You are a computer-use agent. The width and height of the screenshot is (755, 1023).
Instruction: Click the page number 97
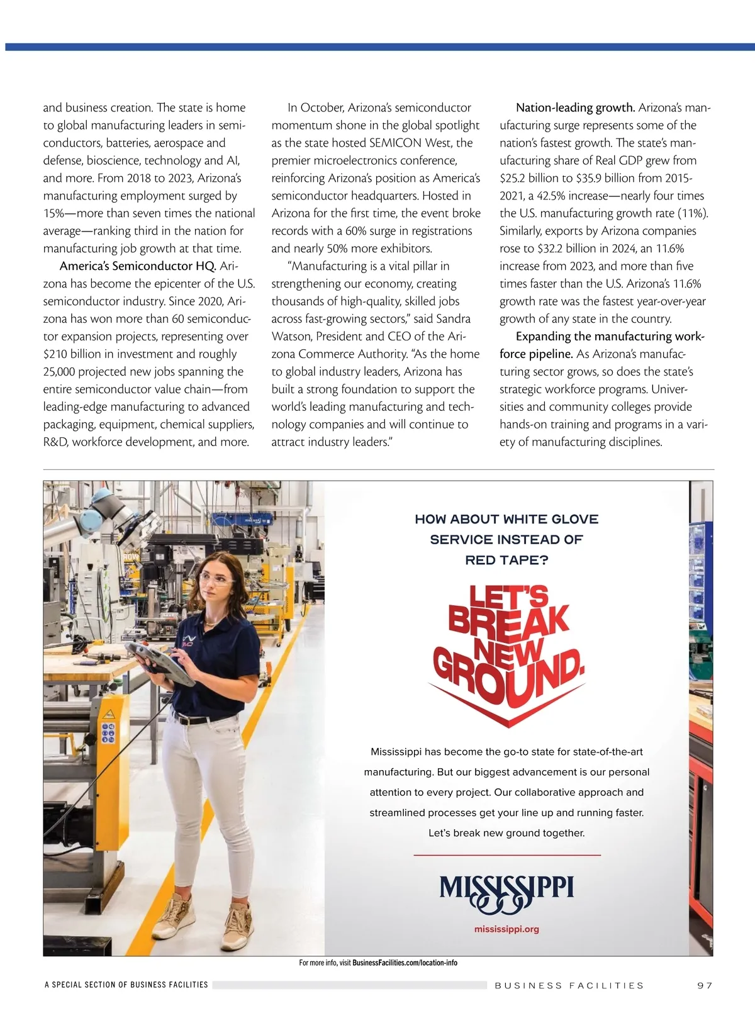click(705, 985)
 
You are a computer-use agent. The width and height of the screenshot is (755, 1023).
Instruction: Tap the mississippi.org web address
click(506, 929)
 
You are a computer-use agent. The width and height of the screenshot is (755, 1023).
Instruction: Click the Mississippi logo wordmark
click(506, 890)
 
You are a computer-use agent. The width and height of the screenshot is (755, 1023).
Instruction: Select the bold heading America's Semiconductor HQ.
click(138, 266)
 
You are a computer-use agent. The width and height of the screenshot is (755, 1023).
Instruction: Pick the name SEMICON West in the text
click(410, 143)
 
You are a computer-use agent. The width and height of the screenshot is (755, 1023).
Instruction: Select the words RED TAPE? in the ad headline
click(506, 560)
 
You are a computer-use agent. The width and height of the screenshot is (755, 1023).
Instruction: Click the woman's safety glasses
click(216, 579)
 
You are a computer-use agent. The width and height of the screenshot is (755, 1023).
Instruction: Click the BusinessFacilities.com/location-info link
click(405, 963)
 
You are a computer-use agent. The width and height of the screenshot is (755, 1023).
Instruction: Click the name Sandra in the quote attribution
click(453, 319)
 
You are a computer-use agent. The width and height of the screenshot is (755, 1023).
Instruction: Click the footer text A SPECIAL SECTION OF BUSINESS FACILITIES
click(126, 985)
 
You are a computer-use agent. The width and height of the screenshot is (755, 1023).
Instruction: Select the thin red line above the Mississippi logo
click(506, 856)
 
